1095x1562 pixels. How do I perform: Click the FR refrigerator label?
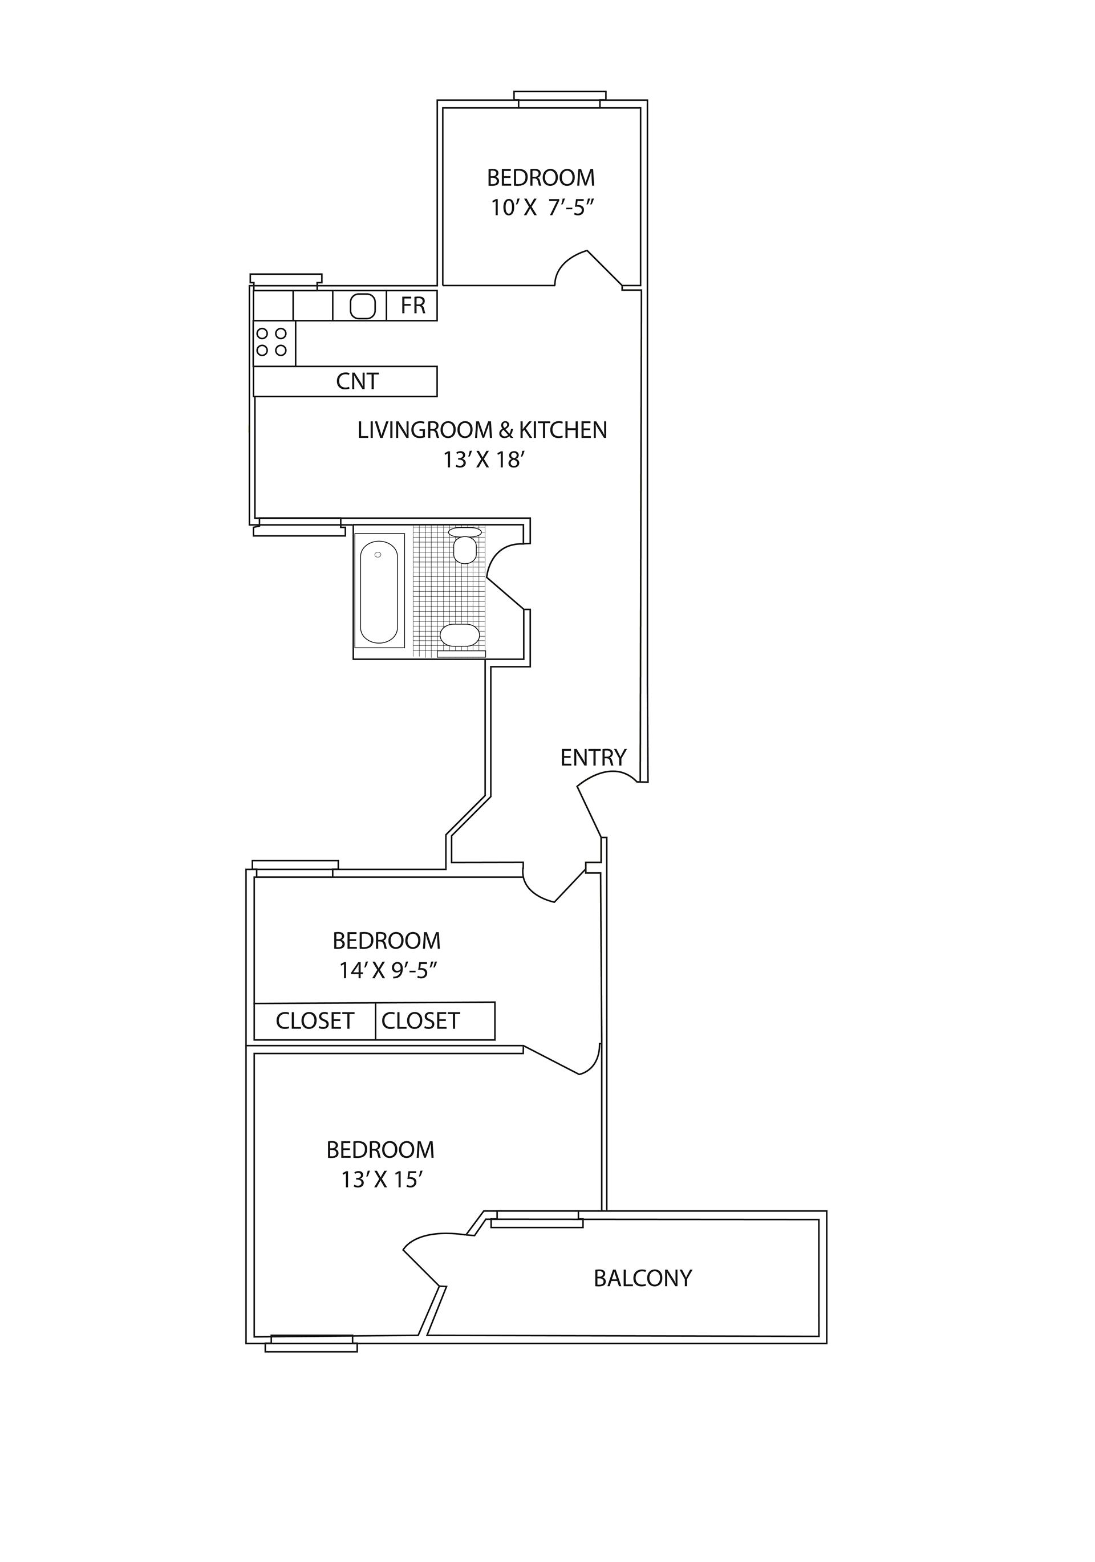point(412,306)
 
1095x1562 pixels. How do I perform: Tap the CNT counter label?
point(356,381)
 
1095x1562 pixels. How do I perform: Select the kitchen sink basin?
point(362,306)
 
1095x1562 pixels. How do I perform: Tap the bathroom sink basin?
point(460,634)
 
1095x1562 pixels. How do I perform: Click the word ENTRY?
point(593,757)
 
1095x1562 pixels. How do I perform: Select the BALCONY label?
point(642,1278)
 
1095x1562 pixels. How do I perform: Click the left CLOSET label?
point(314,1021)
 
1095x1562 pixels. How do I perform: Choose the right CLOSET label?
point(420,1021)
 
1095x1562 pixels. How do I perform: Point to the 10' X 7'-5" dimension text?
point(542,208)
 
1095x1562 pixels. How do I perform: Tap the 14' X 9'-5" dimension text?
point(387,970)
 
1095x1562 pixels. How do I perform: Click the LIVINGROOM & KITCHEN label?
point(482,430)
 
